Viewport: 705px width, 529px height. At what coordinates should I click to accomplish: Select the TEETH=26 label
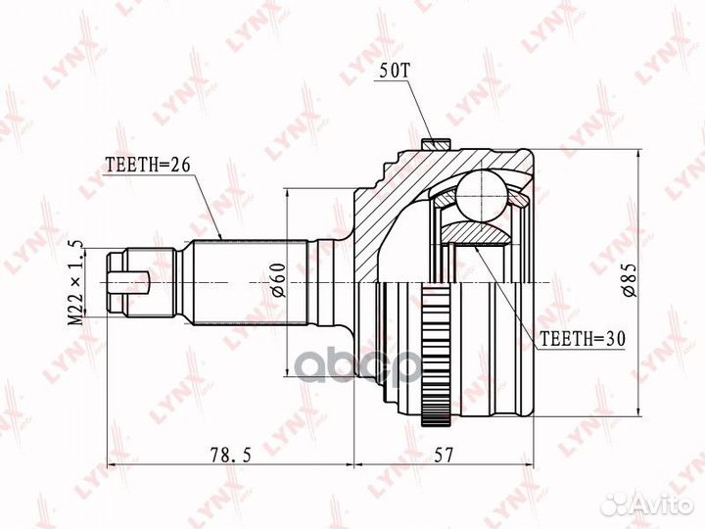pos(149,165)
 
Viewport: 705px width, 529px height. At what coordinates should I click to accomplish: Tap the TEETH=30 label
pos(583,339)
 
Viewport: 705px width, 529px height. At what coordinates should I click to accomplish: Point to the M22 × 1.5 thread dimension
pos(75,282)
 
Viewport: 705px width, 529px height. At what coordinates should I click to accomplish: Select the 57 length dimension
pos(444,455)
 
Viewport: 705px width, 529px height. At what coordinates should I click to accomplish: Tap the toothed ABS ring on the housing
pos(436,353)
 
